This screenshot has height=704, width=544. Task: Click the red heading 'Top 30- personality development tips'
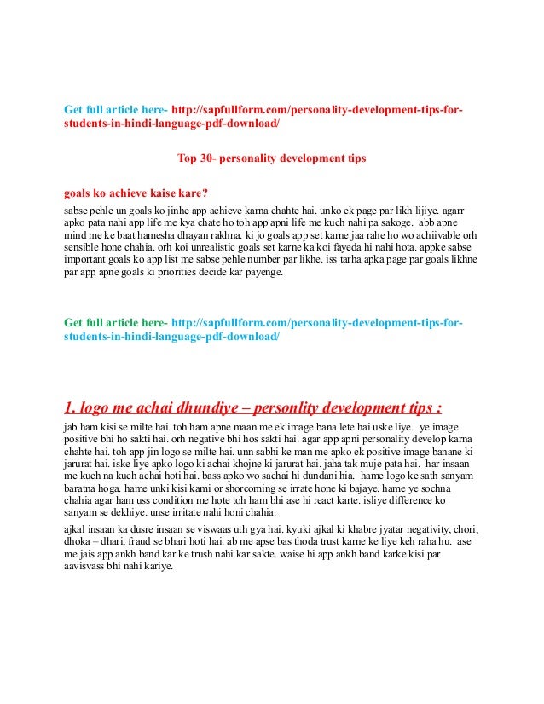pyautogui.click(x=271, y=159)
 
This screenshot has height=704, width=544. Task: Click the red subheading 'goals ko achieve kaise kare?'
pyautogui.click(x=136, y=193)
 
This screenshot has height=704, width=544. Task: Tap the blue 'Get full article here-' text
pyautogui.click(x=117, y=111)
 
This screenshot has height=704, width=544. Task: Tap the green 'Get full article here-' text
pyautogui.click(x=117, y=324)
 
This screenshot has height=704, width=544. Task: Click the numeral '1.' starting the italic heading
pyautogui.click(x=72, y=403)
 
